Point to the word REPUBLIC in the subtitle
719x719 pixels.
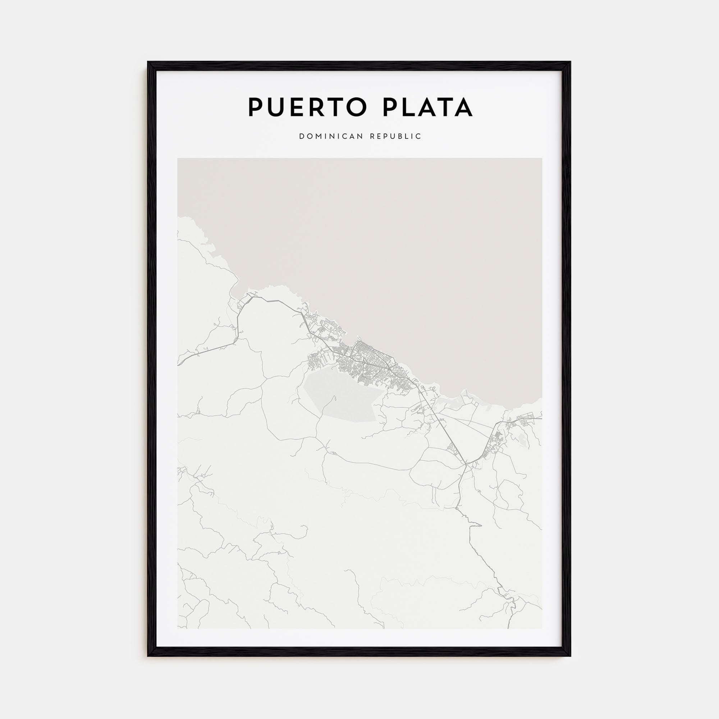pos(395,137)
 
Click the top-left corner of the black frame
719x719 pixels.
pos(148,62)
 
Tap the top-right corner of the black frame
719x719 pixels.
pos(570,62)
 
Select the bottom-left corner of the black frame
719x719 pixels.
pos(148,655)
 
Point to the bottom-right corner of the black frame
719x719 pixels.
pos(570,655)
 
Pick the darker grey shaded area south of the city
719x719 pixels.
pos(342,398)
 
